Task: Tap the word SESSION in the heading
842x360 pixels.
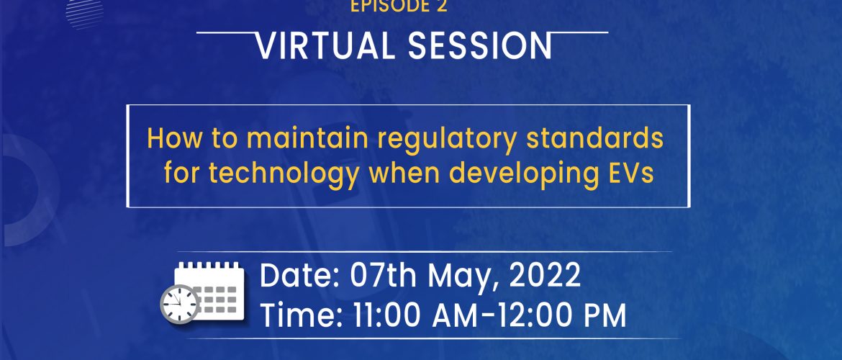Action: tap(480, 45)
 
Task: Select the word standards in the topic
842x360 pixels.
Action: tap(595, 138)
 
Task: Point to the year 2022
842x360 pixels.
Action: tap(545, 276)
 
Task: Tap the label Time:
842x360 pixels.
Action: tap(302, 315)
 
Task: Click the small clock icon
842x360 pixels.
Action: tap(180, 304)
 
